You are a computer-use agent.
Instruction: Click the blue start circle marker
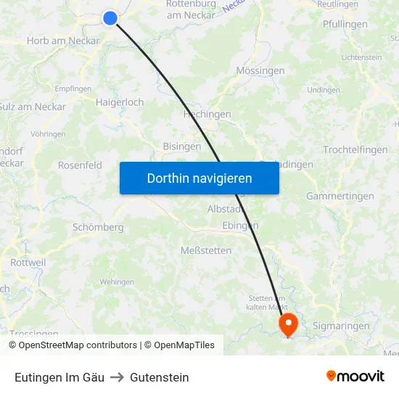(110, 18)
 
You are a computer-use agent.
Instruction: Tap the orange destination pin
(288, 323)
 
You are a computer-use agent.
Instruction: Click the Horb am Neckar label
(62, 41)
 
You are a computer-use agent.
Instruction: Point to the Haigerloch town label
(120, 102)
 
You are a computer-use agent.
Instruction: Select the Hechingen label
(207, 114)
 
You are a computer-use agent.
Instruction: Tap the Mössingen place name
(260, 71)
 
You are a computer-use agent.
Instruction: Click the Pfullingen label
(344, 24)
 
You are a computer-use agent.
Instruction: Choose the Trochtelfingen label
(355, 149)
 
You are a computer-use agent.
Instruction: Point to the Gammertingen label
(340, 196)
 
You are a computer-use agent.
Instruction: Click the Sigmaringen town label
(341, 326)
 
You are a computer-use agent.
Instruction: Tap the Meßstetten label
(206, 250)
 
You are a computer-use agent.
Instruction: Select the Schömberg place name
(98, 227)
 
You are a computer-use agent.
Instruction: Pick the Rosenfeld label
(80, 165)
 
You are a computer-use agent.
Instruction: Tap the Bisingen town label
(182, 146)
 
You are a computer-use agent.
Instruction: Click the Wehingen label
(117, 281)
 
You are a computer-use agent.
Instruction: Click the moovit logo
(355, 376)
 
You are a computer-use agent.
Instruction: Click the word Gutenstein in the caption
(160, 377)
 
